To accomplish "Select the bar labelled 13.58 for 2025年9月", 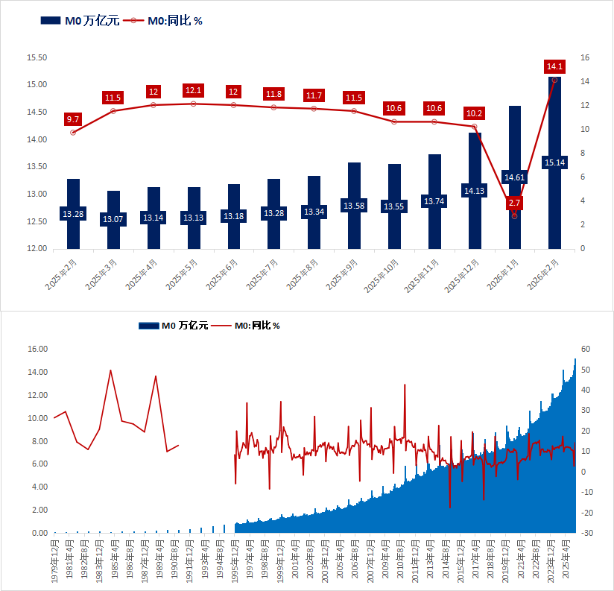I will coord(354,224).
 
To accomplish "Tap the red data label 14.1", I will coord(555,67).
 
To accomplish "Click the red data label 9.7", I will coord(73,119).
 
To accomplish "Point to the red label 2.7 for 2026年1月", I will coord(514,203).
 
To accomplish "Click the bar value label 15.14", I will coord(555,162).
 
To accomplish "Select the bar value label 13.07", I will coord(113,219).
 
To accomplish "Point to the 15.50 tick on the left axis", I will coord(37,57).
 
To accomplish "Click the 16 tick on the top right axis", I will coord(585,57).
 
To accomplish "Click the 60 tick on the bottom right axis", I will coord(586,349).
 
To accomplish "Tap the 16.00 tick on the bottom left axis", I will coord(37,349).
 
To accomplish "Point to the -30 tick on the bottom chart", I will coord(586,533).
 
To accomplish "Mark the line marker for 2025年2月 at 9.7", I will coord(73,133).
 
